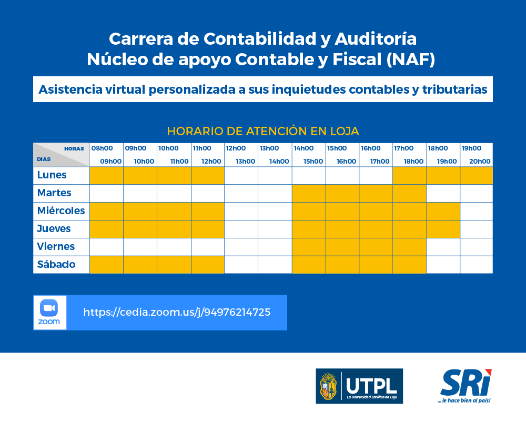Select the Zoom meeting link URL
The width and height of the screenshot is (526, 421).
pyautogui.click(x=177, y=312)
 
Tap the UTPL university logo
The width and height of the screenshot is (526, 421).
pyautogui.click(x=359, y=386)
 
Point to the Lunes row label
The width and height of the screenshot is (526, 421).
pyautogui.click(x=52, y=175)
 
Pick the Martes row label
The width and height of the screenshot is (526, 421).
pyautogui.click(x=54, y=193)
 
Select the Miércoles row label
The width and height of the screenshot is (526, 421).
pyautogui.click(x=60, y=210)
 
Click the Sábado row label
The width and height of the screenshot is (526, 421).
pyautogui.click(x=56, y=264)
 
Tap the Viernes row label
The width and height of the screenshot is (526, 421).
pyautogui.click(x=56, y=246)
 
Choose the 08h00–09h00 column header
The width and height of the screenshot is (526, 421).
pyautogui.click(x=106, y=155)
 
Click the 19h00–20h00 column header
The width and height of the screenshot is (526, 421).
pyautogui.click(x=477, y=155)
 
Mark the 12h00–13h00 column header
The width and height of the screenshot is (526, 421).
pyautogui.click(x=241, y=155)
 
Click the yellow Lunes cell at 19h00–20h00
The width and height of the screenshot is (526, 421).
pyautogui.click(x=477, y=176)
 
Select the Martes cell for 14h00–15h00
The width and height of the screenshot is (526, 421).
pyautogui.click(x=309, y=193)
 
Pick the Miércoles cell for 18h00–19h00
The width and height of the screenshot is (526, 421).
pyautogui.click(x=443, y=211)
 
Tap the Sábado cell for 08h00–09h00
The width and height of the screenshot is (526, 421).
pyautogui.click(x=106, y=265)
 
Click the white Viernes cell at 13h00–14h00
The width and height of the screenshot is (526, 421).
pyautogui.click(x=275, y=247)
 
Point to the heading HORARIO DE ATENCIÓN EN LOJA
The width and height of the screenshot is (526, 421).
pyautogui.click(x=263, y=131)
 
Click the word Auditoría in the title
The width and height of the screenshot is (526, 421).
pyautogui.click(x=376, y=38)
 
